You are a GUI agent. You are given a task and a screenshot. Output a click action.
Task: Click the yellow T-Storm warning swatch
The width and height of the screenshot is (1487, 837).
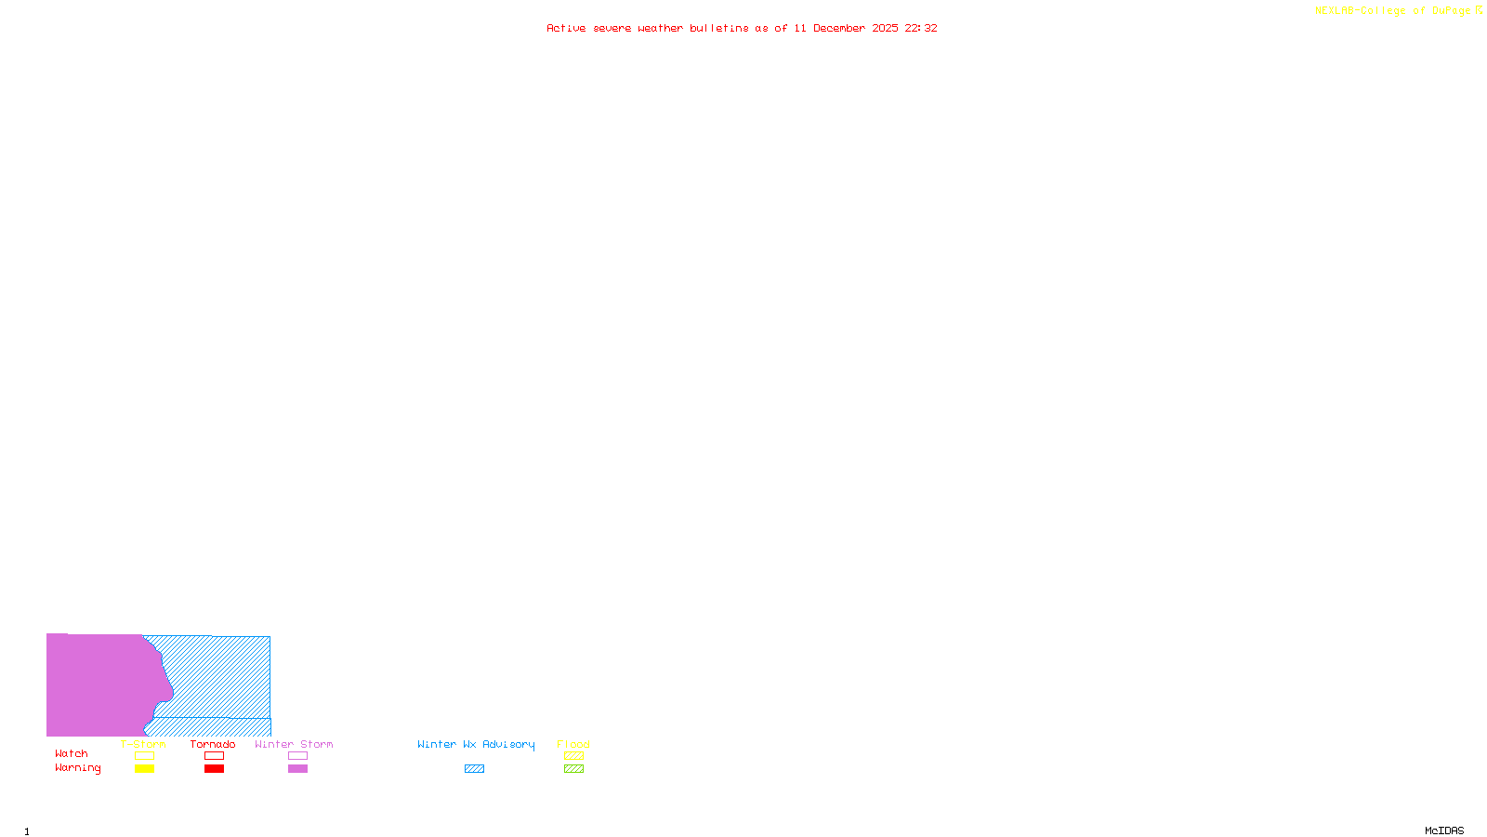pyautogui.click(x=144, y=769)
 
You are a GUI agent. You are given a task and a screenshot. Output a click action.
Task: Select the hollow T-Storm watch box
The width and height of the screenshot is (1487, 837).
pyautogui.click(x=144, y=756)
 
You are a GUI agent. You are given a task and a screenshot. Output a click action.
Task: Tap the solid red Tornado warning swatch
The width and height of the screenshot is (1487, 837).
pyautogui.click(x=214, y=769)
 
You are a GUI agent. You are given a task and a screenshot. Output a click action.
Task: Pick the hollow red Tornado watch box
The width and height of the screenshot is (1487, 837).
pyautogui.click(x=214, y=756)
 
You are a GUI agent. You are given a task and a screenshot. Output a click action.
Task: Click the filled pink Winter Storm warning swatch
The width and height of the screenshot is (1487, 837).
pyautogui.click(x=297, y=769)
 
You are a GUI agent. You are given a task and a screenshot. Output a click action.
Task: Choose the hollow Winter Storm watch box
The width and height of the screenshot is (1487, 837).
pyautogui.click(x=297, y=756)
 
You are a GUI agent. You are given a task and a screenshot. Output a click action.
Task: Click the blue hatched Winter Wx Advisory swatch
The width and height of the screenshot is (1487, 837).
pyautogui.click(x=474, y=769)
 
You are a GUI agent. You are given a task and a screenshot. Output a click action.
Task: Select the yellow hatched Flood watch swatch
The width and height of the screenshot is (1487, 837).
pyautogui.click(x=573, y=756)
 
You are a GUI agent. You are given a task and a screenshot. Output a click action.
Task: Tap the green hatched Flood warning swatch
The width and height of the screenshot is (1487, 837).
pyautogui.click(x=573, y=769)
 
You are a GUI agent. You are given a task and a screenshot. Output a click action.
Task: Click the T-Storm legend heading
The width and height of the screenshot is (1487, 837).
pyautogui.click(x=143, y=744)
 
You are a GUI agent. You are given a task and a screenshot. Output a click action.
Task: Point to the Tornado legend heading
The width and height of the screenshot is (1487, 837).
pyautogui.click(x=213, y=744)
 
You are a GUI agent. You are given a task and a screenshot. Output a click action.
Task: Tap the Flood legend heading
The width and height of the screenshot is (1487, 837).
pyautogui.click(x=573, y=744)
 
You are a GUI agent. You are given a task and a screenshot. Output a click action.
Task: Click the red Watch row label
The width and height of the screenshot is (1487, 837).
pyautogui.click(x=72, y=754)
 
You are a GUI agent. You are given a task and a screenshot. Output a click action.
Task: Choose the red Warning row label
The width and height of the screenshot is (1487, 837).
pyautogui.click(x=78, y=768)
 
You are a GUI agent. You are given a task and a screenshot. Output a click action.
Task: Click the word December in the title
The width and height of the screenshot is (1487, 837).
pyautogui.click(x=839, y=28)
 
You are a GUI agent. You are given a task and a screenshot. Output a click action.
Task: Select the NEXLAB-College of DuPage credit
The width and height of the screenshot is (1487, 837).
pyautogui.click(x=1393, y=11)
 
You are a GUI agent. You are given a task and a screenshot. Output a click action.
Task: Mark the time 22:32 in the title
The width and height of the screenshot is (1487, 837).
pyautogui.click(x=921, y=28)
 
